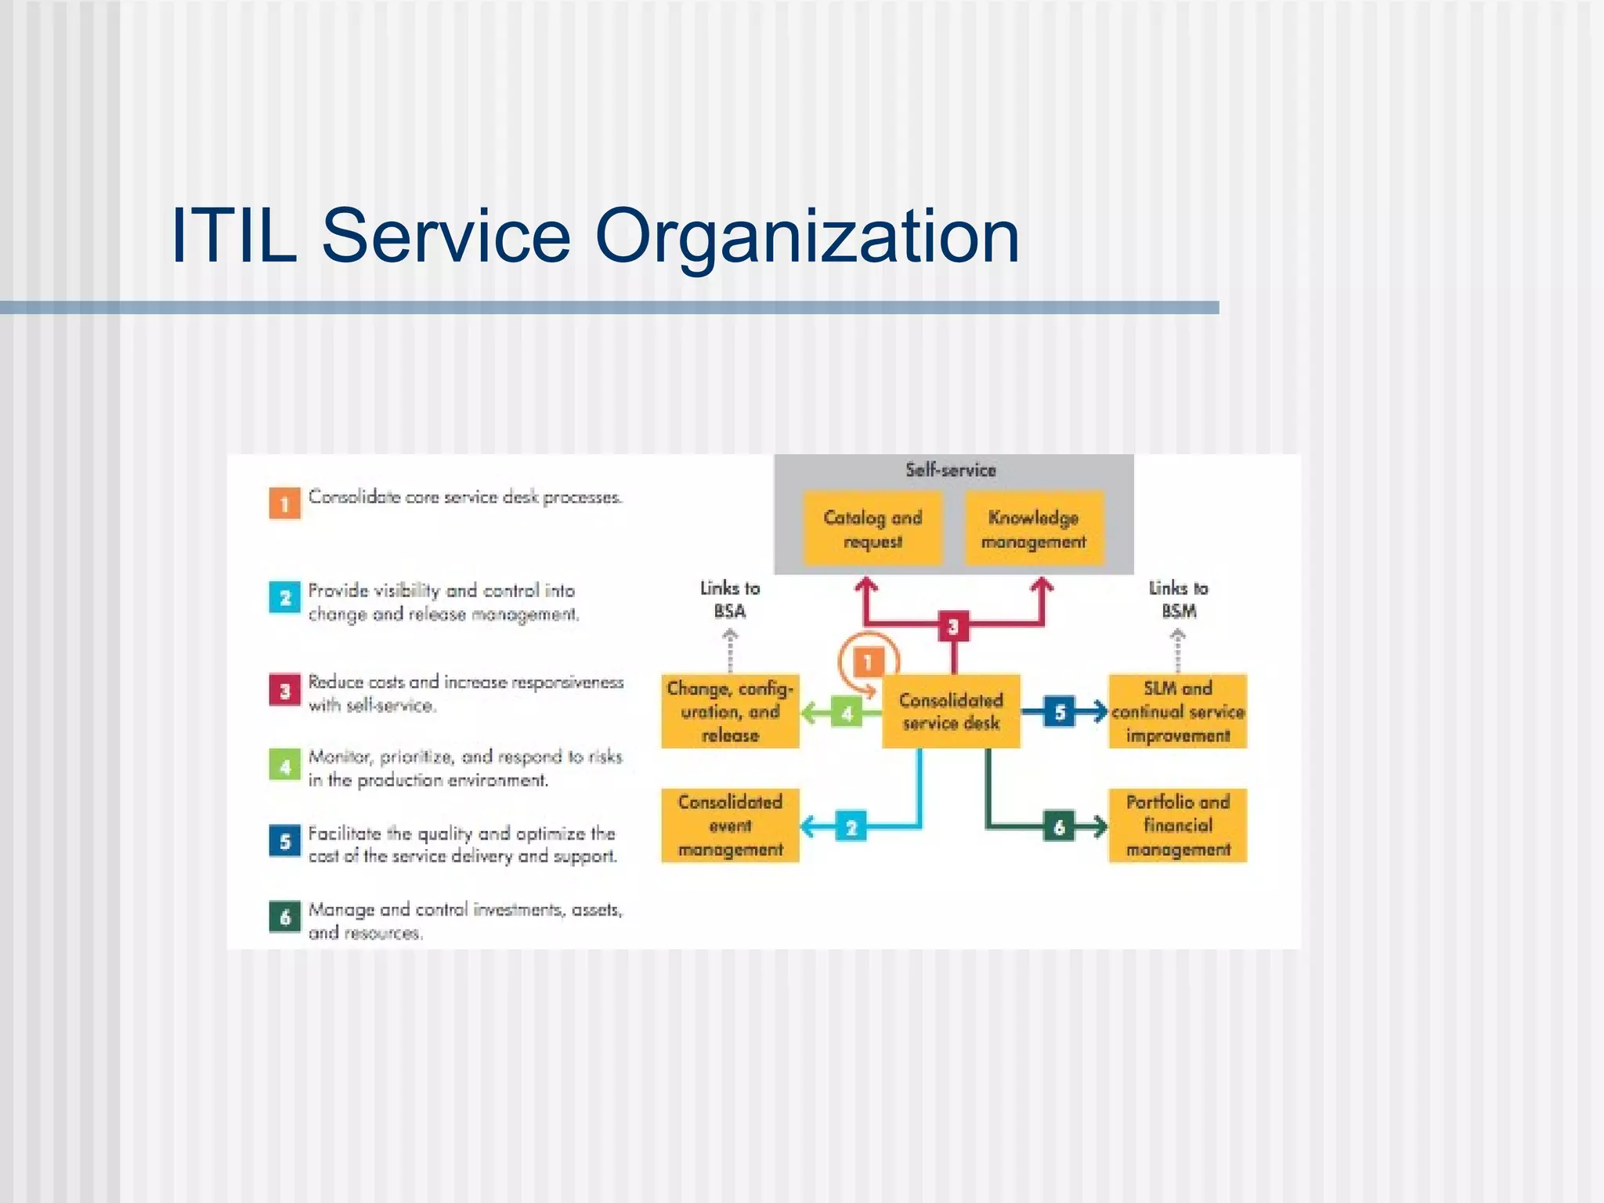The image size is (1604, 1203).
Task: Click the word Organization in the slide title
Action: click(x=807, y=237)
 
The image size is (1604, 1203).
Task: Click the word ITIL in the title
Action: click(x=233, y=237)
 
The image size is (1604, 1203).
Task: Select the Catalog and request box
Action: click(x=872, y=529)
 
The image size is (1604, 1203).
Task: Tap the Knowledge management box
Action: click(x=1033, y=529)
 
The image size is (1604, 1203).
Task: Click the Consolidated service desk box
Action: click(x=951, y=711)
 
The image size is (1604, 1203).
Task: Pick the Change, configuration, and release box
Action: click(x=730, y=711)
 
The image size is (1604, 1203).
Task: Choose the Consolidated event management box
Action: click(x=730, y=825)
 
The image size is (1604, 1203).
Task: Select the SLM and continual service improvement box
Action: click(x=1177, y=711)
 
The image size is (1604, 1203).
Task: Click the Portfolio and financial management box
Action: click(x=1177, y=825)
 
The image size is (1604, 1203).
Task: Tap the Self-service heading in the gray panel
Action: click(x=951, y=470)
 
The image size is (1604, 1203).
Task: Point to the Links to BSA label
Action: click(x=730, y=599)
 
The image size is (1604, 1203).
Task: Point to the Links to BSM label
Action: click(x=1178, y=599)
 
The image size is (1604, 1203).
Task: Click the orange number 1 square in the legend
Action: click(x=285, y=504)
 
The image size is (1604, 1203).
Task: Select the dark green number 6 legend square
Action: click(x=285, y=916)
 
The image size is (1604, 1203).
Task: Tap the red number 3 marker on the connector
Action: click(x=953, y=627)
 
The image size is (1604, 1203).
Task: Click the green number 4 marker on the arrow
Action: click(x=847, y=713)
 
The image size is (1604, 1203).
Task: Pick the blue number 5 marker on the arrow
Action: click(x=1059, y=712)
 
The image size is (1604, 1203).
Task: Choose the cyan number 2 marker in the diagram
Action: click(x=851, y=827)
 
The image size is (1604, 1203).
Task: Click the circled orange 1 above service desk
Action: click(x=868, y=663)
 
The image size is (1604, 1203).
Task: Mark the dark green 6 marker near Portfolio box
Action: click(x=1059, y=827)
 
